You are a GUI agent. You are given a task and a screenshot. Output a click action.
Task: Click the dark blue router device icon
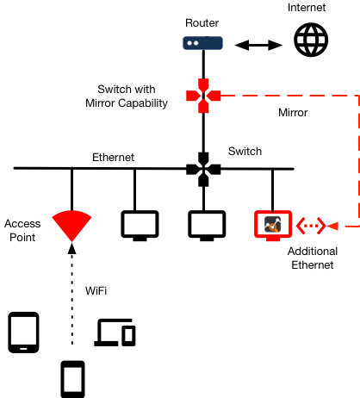202,43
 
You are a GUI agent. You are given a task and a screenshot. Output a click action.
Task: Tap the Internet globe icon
311,40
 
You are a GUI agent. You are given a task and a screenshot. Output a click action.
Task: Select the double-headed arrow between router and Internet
258,45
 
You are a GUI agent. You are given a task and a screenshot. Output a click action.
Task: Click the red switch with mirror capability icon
203,96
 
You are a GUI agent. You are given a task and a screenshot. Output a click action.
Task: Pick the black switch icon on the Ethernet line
203,170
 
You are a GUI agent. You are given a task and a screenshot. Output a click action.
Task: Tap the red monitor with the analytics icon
273,226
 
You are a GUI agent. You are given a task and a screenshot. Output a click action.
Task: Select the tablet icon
23,333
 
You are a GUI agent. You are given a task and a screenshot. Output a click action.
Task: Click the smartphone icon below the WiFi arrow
72,379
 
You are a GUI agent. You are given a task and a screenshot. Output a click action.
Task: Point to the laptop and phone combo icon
115,333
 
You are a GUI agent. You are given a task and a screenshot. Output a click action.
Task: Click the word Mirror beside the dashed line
293,113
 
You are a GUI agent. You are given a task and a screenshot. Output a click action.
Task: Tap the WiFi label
96,290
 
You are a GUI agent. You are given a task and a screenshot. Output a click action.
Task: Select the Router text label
202,23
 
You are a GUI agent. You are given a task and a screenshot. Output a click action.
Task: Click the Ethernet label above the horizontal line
113,158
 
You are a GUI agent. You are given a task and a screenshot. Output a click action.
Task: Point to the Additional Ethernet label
313,258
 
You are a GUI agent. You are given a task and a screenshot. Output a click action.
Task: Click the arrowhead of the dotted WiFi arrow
71,248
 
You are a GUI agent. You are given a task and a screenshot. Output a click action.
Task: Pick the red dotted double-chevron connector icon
311,226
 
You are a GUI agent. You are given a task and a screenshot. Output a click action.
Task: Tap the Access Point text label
22,231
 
